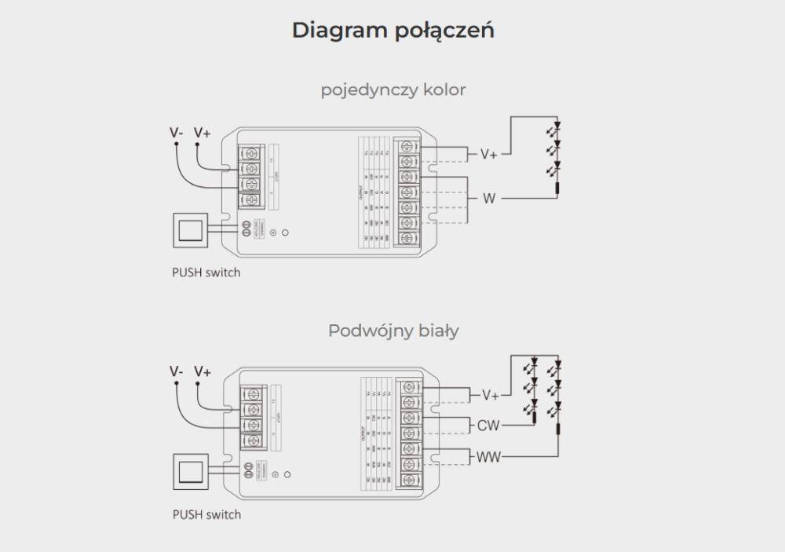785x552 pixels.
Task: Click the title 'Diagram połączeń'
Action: [392, 31]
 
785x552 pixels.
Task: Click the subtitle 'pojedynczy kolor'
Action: [392, 90]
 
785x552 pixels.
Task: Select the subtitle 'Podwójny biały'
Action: [392, 331]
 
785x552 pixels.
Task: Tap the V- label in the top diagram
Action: [177, 133]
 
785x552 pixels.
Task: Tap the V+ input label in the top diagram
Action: [203, 133]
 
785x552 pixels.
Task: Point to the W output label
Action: [489, 199]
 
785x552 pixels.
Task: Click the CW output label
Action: [487, 426]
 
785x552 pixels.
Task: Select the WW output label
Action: [488, 456]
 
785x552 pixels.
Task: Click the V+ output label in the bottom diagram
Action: [490, 395]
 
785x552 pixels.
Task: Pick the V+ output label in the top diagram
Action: [489, 154]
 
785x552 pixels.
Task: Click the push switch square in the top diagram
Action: [190, 230]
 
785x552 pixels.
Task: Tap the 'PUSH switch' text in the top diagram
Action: [206, 273]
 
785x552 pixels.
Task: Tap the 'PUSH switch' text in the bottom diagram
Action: [206, 515]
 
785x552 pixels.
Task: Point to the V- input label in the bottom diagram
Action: [177, 371]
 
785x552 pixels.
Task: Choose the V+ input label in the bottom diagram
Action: [203, 371]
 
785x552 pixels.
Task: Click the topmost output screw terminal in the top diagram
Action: [407, 147]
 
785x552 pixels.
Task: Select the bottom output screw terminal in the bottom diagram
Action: [408, 478]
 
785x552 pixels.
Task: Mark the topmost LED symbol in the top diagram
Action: [557, 126]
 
